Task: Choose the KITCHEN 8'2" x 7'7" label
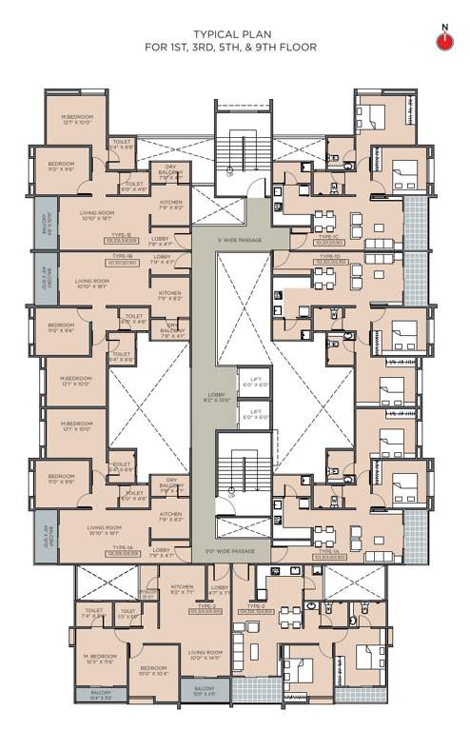[182, 590]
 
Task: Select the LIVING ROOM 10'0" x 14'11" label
[205, 654]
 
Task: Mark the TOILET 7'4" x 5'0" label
[93, 613]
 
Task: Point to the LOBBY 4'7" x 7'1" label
[220, 590]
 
